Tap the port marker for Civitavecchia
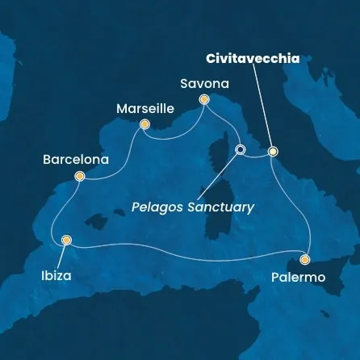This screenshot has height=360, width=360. [273, 151]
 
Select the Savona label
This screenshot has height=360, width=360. [204, 83]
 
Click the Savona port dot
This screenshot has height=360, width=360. [204, 99]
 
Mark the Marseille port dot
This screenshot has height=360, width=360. [144, 124]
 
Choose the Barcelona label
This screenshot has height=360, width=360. [75, 160]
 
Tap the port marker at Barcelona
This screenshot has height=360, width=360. [79, 176]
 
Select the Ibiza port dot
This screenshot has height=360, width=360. [66, 240]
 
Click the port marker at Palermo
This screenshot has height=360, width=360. [304, 259]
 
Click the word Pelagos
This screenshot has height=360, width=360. [157, 207]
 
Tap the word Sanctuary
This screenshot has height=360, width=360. [219, 207]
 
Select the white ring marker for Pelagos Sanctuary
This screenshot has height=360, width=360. [240, 149]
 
